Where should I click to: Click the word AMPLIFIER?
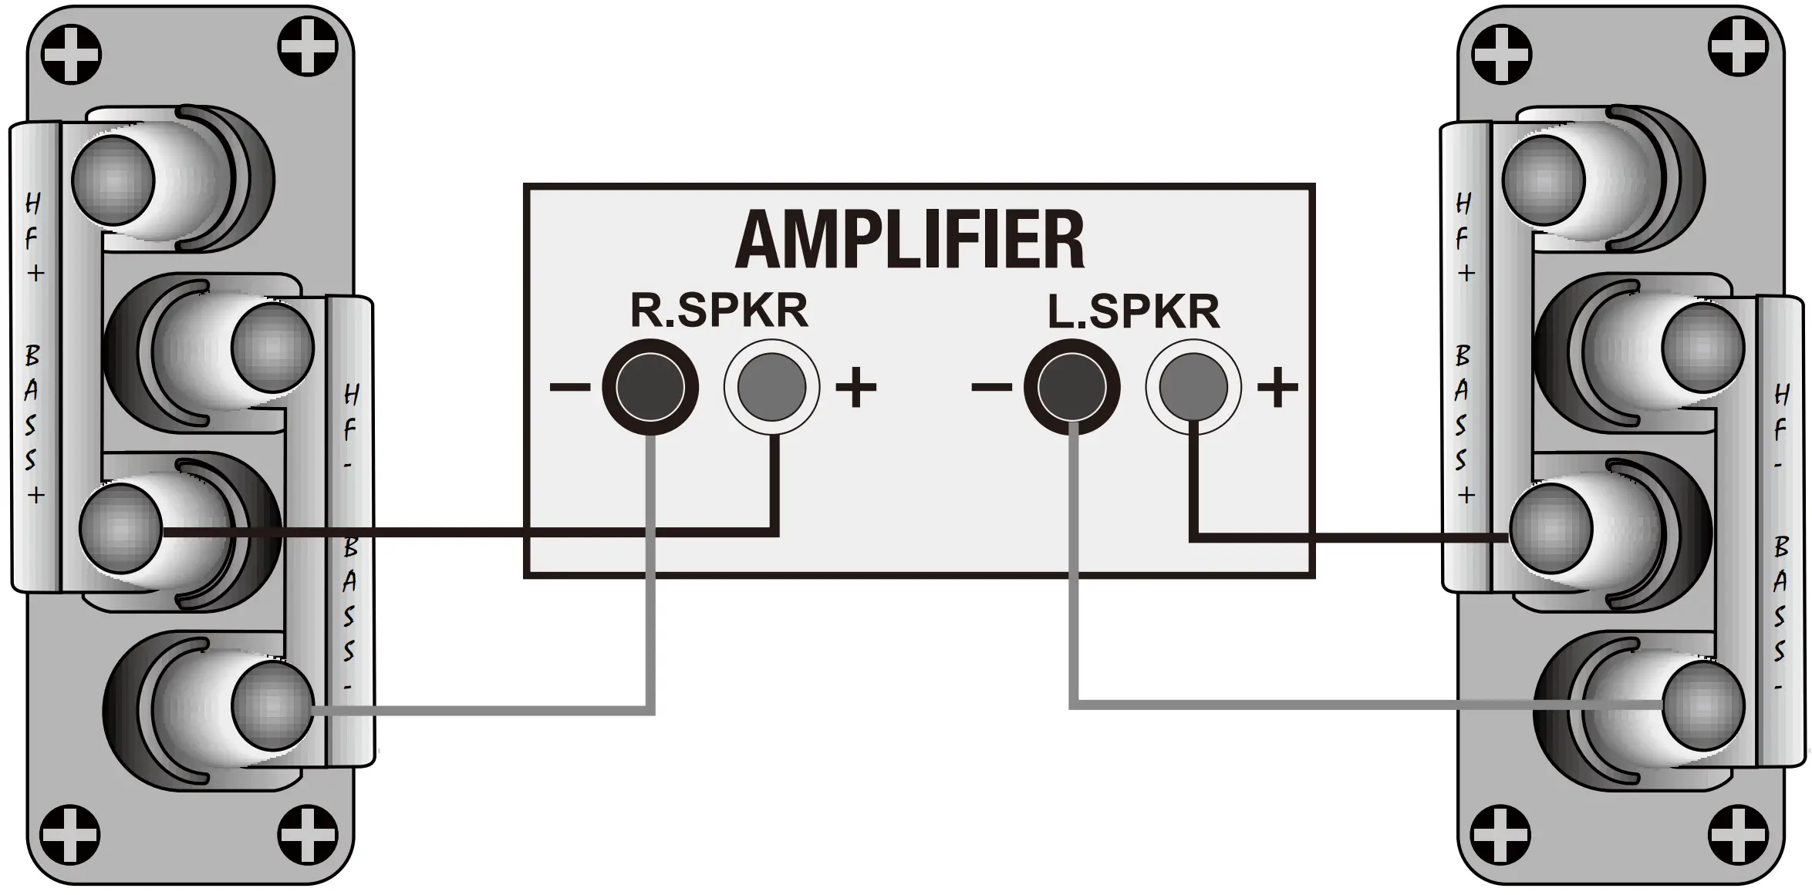coord(910,240)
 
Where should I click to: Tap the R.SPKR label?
coord(719,311)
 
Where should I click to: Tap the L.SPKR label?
coord(1133,311)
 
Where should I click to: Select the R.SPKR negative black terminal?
coord(650,387)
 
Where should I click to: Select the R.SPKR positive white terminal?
coord(771,387)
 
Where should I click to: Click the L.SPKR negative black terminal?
coord(1071,387)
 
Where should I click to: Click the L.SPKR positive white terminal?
coord(1193,387)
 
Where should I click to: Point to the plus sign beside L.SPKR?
coord(1278,387)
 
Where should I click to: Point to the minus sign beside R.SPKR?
coord(569,387)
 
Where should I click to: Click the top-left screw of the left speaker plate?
coord(71,54)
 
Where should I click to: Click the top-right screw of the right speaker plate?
coord(1738,48)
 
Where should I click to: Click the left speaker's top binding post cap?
coord(113,180)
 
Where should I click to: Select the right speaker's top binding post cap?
coord(1544,180)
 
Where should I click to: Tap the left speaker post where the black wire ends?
coord(121,530)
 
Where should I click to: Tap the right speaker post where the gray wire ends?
coord(1702,705)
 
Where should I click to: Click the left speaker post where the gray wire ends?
coord(272,705)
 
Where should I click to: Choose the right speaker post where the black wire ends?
coord(1550,530)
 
